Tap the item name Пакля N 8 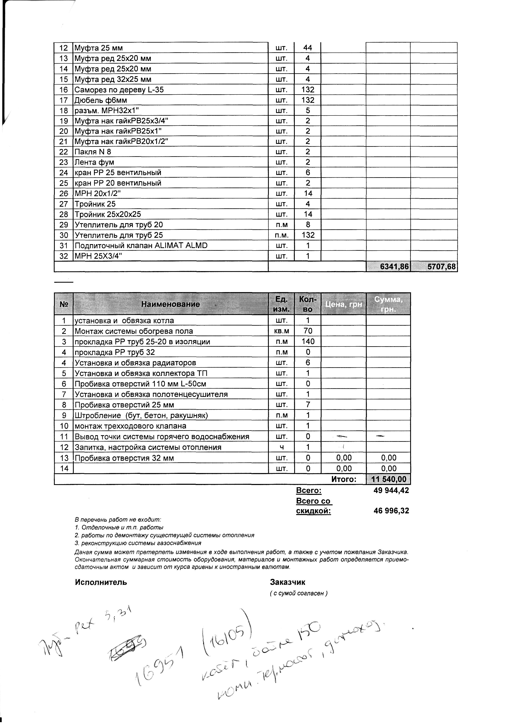(x=93, y=152)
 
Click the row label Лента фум (x=94, y=162)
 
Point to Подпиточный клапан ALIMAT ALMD (x=141, y=245)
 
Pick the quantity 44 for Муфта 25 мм (x=307, y=48)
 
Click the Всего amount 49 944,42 (x=391, y=490)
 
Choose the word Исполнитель (x=101, y=582)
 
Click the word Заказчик (x=288, y=582)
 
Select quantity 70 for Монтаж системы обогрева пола (x=308, y=331)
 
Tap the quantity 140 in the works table (x=308, y=342)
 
